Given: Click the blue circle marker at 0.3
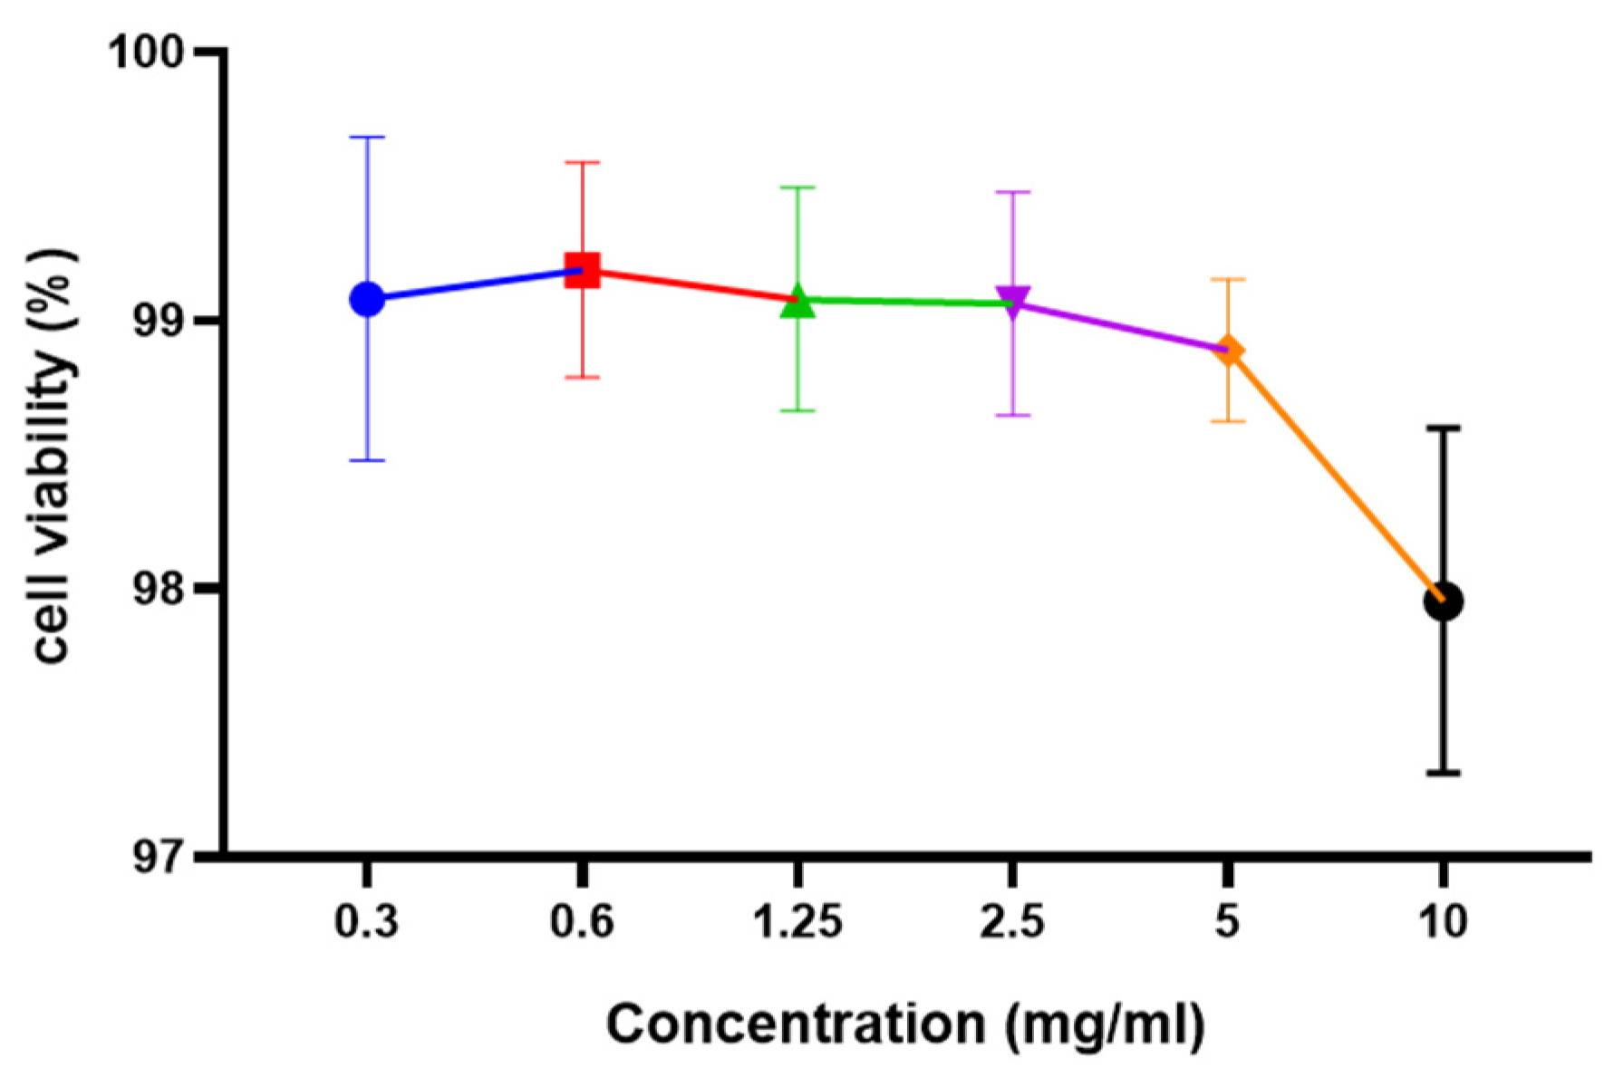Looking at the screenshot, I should point(367,298).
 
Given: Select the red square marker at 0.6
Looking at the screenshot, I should point(582,270).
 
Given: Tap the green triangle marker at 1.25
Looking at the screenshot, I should point(798,302).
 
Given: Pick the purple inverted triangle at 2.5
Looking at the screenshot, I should point(1012,301).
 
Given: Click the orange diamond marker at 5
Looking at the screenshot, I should point(1228,351).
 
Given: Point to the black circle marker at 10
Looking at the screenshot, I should point(1443,601).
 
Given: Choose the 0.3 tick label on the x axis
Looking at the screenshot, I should point(366,923).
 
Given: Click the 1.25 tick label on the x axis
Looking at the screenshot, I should point(797,923).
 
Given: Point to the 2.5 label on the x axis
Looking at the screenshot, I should point(1012,923).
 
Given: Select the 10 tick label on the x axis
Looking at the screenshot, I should point(1443,923).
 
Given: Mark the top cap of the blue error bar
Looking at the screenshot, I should point(367,137).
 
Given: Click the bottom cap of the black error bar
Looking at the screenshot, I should point(1443,773).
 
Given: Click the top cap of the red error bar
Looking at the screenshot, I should point(582,162).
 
